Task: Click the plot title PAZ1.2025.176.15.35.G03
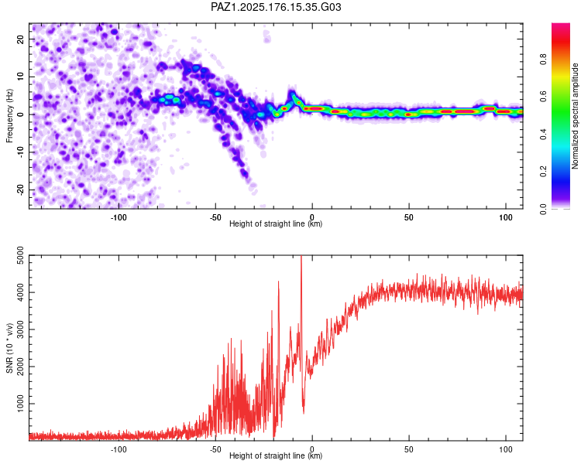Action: (276, 7)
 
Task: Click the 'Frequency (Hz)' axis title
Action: (9, 115)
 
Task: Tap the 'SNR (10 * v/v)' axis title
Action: (9, 348)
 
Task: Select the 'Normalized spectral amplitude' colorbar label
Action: (575, 115)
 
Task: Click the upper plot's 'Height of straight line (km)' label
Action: (276, 223)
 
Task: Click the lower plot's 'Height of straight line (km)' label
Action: (276, 455)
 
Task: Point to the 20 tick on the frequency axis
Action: (20, 39)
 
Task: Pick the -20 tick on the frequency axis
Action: (20, 190)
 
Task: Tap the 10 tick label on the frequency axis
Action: (20, 77)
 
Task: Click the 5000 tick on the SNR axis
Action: (20, 255)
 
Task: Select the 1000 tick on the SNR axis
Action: (20, 404)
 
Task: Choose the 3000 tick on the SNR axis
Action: (20, 329)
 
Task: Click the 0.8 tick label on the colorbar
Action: (543, 60)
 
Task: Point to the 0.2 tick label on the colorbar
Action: (543, 172)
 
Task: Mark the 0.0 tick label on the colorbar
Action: (543, 209)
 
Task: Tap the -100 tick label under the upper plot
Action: (119, 217)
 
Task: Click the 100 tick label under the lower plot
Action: (506, 449)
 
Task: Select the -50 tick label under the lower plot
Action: (215, 449)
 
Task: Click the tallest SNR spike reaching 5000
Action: (301, 257)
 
